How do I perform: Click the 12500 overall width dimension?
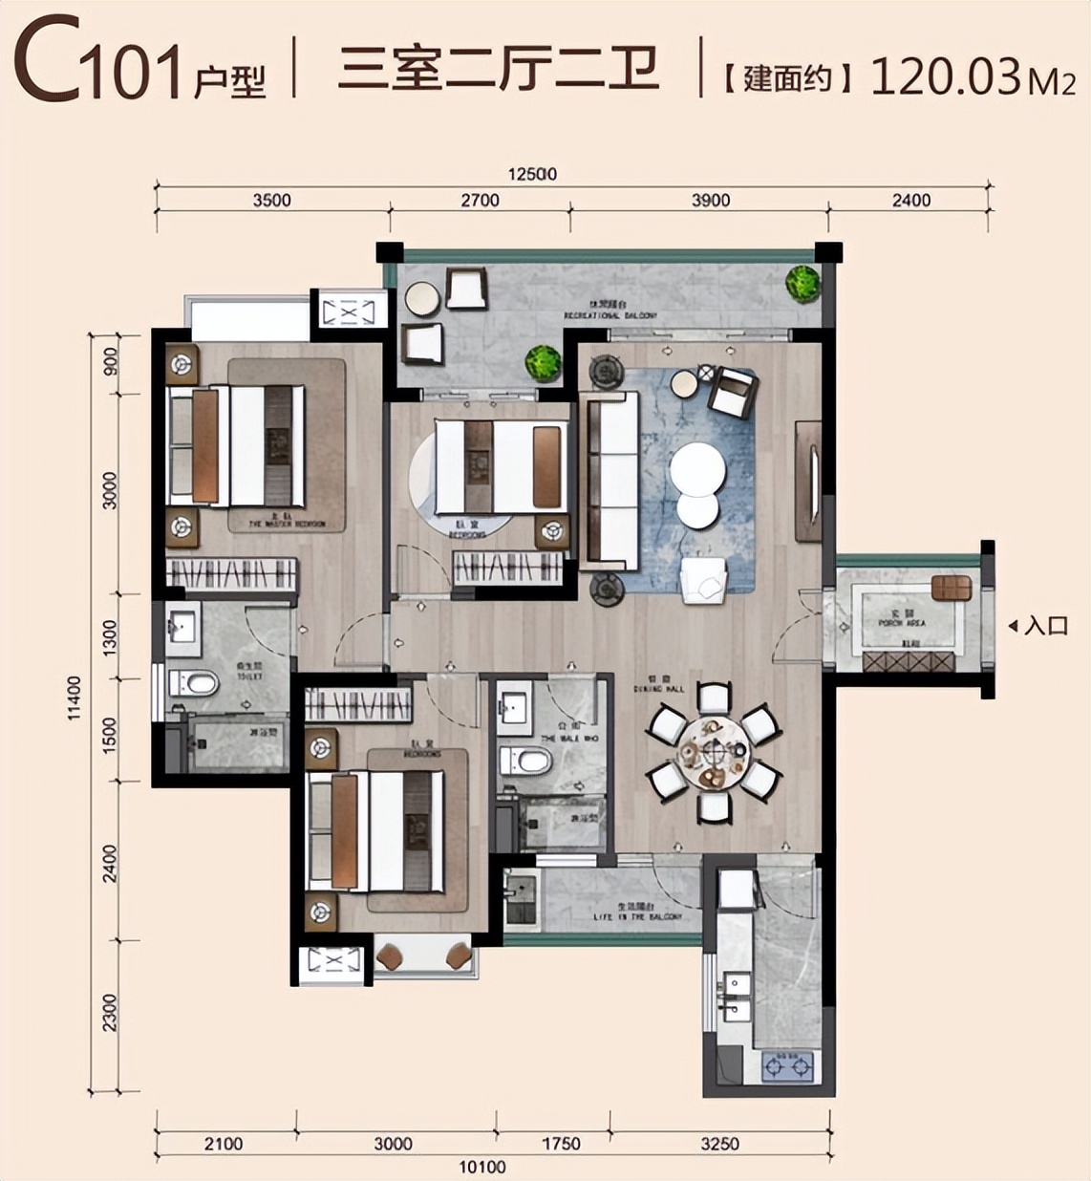(532, 174)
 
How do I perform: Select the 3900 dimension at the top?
(710, 200)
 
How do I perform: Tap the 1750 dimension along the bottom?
(560, 1144)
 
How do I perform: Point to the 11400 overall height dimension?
(75, 698)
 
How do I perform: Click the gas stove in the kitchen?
(788, 1065)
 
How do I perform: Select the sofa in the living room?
(610, 480)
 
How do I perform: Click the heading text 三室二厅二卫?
(498, 69)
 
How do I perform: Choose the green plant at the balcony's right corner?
(802, 283)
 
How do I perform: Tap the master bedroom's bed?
(237, 444)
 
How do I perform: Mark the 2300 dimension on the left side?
(110, 1013)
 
